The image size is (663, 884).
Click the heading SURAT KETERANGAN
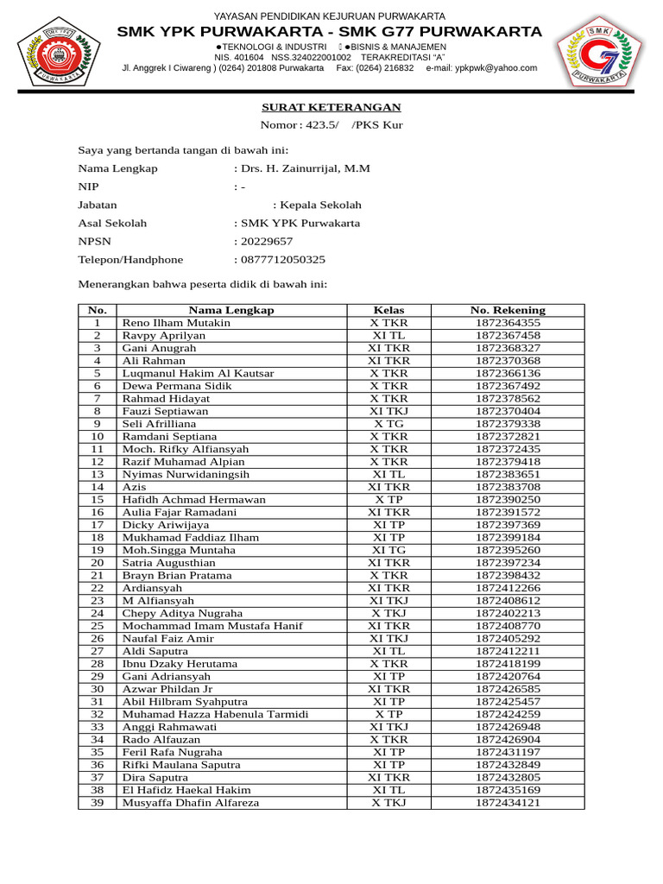click(x=331, y=107)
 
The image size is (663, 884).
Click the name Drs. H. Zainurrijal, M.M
click(x=305, y=168)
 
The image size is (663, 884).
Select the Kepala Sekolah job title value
click(x=319, y=205)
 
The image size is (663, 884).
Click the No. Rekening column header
click(x=508, y=310)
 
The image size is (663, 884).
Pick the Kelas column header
click(x=388, y=310)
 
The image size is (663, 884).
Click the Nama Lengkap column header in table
click(x=231, y=310)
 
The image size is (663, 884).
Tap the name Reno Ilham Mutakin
click(x=176, y=323)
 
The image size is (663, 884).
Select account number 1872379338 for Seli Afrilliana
click(x=508, y=424)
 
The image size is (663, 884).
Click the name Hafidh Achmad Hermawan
click(x=193, y=500)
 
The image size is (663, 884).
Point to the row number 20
click(x=98, y=563)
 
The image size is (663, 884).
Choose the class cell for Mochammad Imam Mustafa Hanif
click(x=388, y=626)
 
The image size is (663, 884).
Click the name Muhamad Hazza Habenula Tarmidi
click(x=215, y=714)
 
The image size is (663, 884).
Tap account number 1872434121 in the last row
click(x=508, y=803)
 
